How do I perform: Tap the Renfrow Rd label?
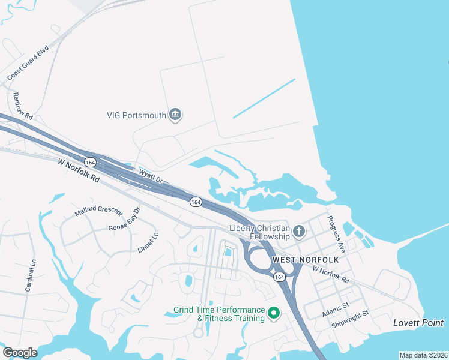(22, 106)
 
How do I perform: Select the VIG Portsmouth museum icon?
(175, 115)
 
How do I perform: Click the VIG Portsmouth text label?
(136, 115)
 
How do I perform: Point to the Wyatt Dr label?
(151, 176)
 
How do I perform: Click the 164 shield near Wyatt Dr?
(90, 163)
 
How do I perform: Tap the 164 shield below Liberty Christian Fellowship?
(279, 277)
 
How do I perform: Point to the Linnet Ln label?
(148, 242)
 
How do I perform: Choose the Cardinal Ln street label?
(31, 275)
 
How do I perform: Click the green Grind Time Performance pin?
(274, 313)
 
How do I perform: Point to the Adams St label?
(335, 308)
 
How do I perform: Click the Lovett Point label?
(418, 323)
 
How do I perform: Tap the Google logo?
(20, 353)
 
